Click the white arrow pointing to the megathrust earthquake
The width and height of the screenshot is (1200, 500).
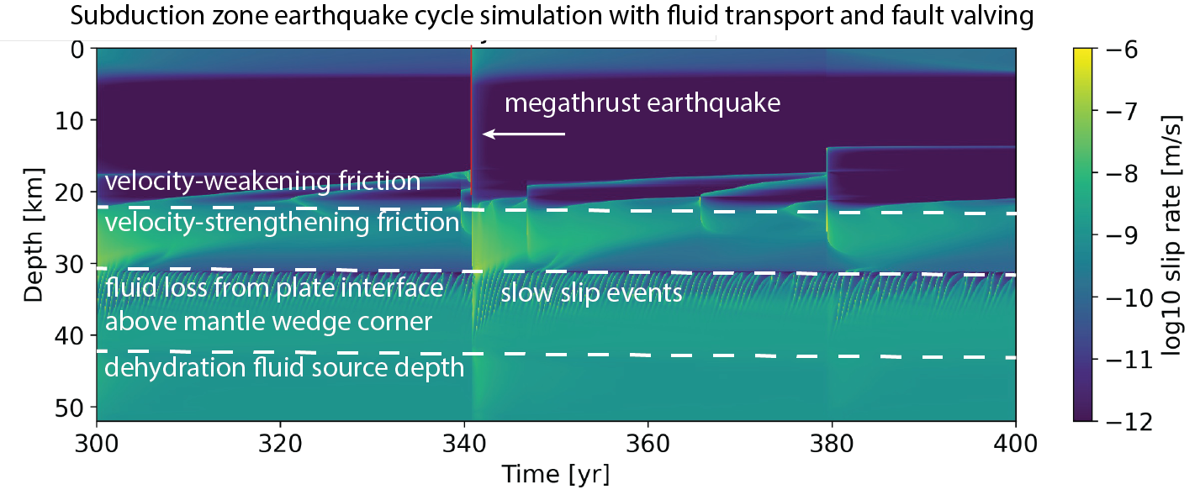pos(523,134)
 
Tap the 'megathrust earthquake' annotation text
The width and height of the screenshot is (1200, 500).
pos(642,103)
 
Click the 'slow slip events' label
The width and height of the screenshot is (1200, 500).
pos(590,294)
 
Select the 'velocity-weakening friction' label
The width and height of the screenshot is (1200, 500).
pos(262,181)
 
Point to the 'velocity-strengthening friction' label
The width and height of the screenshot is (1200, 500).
pos(282,223)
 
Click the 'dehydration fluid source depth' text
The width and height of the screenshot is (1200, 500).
pos(284,368)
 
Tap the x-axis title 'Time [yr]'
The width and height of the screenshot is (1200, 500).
pos(556,475)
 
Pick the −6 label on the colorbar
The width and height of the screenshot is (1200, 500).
pos(1120,50)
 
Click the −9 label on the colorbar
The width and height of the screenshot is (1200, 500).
pos(1120,235)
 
